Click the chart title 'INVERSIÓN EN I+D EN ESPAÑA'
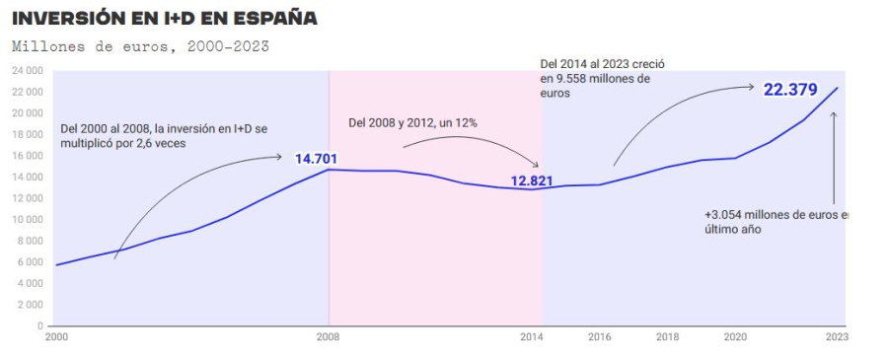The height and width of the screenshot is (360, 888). tap(165, 19)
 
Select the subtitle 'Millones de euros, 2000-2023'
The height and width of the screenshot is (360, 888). tap(140, 45)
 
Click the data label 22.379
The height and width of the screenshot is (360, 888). tap(790, 90)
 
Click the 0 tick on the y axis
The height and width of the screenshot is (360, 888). tap(38, 325)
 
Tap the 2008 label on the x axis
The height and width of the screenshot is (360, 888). tap(329, 336)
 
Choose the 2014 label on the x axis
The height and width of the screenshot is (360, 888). tap(532, 336)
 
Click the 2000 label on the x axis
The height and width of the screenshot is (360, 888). tap(56, 336)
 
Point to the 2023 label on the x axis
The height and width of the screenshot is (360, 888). tap(837, 336)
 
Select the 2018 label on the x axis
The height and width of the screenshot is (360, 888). tap(667, 336)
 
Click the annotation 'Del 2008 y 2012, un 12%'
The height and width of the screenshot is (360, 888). tap(412, 122)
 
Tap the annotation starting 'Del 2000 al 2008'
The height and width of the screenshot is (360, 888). tap(162, 136)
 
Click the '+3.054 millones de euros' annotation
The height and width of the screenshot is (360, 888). tap(776, 221)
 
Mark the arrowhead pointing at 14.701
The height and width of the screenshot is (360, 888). tap(280, 157)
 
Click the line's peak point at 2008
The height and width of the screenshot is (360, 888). tap(329, 170)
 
